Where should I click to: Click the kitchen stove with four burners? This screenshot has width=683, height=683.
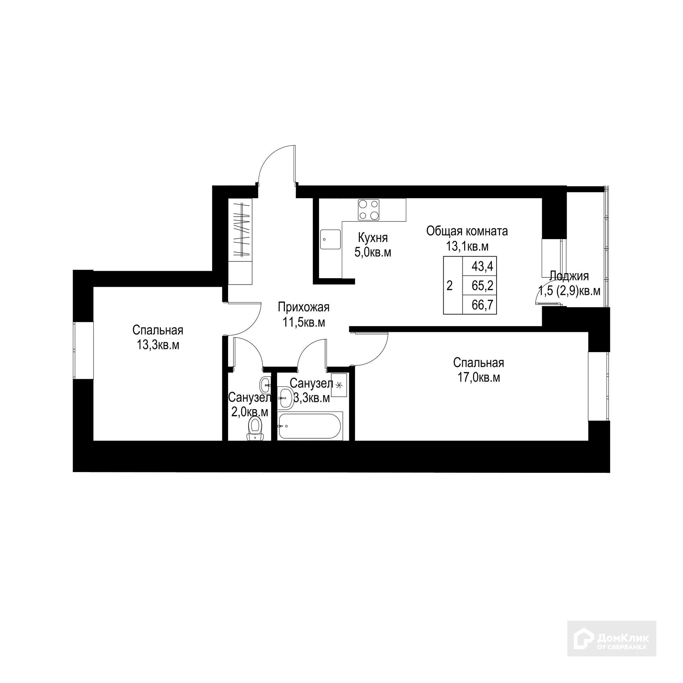click(x=369, y=210)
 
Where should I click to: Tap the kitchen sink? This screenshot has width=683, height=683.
click(x=330, y=239)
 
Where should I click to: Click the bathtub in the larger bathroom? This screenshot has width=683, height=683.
click(x=311, y=425)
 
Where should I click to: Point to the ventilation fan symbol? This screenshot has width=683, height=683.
click(x=338, y=385)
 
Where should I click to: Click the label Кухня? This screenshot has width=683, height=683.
click(x=372, y=237)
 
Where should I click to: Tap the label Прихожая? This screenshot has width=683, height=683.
click(x=304, y=307)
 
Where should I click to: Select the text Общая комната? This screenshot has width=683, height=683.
click(x=467, y=231)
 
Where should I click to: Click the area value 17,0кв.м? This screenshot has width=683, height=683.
click(x=478, y=377)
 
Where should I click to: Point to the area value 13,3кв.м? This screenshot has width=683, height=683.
click(x=158, y=345)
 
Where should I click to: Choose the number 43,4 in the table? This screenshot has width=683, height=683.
click(x=482, y=266)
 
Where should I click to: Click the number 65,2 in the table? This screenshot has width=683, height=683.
click(x=482, y=285)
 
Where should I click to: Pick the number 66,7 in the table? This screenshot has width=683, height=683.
click(x=482, y=305)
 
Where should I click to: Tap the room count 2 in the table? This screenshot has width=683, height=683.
click(x=450, y=285)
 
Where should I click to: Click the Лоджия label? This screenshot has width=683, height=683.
click(x=569, y=276)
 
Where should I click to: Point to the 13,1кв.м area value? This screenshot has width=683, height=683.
click(x=467, y=246)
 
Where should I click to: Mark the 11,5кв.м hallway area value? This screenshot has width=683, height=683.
click(x=304, y=322)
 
